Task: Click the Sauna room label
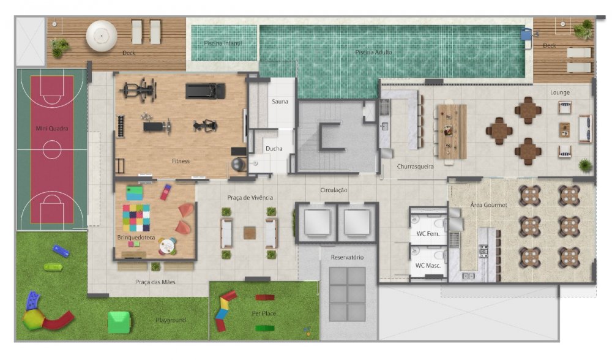[x=280, y=102]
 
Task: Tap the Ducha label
[x=274, y=148]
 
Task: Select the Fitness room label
[x=181, y=161]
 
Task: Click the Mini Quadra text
[x=52, y=128]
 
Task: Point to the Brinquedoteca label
[x=136, y=238]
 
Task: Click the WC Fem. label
[x=428, y=233]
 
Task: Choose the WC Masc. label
[x=428, y=266]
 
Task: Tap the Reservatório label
[x=347, y=257]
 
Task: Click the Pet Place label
[x=264, y=313]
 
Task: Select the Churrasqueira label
[x=416, y=167]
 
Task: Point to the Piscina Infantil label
[x=223, y=43]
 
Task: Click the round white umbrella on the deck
[x=102, y=36]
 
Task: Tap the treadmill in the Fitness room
[x=205, y=91]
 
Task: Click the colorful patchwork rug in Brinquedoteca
[x=136, y=218]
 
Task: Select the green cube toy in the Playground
[x=119, y=322]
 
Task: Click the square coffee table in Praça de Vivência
[x=250, y=233]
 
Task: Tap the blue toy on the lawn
[x=61, y=250]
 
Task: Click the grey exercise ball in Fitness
[x=239, y=164]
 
